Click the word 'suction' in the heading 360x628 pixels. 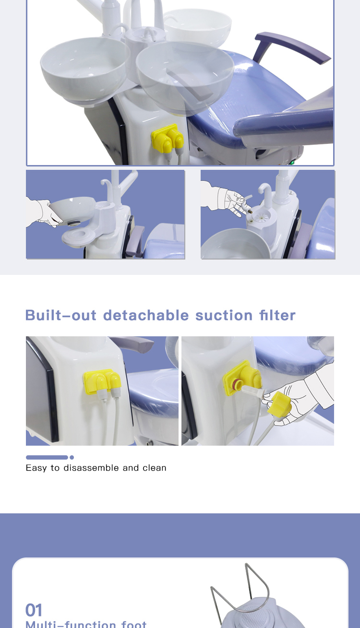(x=224, y=315)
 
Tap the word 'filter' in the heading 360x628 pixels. (x=277, y=315)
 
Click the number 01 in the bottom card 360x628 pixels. (x=34, y=610)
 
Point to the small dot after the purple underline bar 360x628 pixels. (x=72, y=457)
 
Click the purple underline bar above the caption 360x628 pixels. (x=47, y=457)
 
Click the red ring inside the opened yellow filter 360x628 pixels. (x=236, y=384)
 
